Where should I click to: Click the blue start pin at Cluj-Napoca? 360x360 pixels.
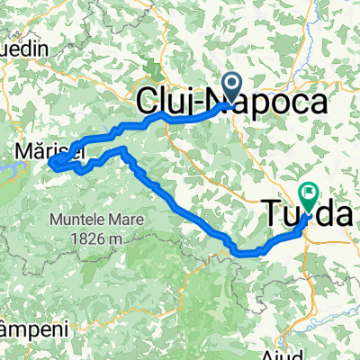(x=231, y=87)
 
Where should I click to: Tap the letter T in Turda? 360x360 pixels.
(x=273, y=213)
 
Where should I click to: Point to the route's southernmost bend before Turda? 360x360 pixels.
(x=245, y=253)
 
